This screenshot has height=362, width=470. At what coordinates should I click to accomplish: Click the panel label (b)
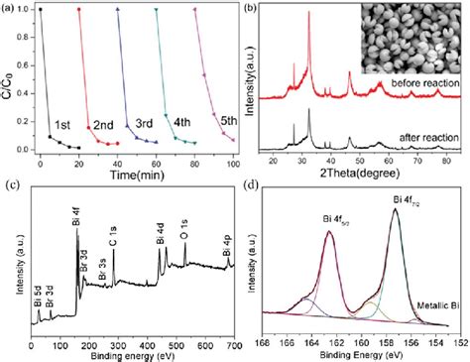click(249, 9)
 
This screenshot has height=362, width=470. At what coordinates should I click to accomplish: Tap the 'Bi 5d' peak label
click(38, 291)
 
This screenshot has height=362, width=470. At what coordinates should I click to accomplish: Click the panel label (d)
click(255, 189)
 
